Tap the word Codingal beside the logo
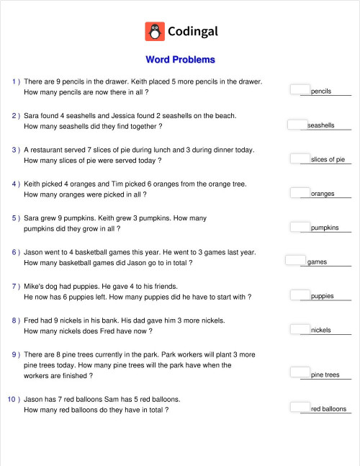[192, 32]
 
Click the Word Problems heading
[180, 60]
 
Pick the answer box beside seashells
[297, 124]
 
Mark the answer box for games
[296, 260]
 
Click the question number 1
[14, 82]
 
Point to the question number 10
[12, 398]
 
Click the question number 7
[14, 286]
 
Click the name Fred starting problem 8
[32, 320]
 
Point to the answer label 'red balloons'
[328, 409]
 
